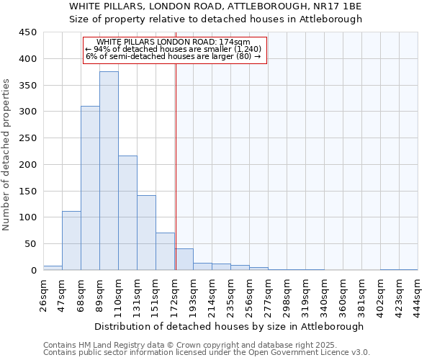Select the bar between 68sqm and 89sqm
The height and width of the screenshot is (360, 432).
coord(90,188)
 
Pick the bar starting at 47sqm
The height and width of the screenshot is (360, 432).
coord(71,240)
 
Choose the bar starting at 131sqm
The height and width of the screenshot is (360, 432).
coord(146,233)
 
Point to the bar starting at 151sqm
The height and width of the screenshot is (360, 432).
coord(165,251)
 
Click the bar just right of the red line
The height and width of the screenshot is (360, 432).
coord(184,259)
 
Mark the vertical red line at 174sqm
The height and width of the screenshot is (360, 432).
coord(176,166)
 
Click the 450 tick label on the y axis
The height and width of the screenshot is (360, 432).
coord(28,32)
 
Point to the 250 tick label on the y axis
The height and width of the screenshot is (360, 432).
coord(28,138)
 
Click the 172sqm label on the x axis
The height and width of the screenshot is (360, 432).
coord(174,293)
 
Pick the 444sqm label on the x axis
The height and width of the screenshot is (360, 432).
coord(418,293)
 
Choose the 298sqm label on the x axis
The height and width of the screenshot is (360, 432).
coord(287,293)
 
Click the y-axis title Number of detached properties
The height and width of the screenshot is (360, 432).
coord(7,155)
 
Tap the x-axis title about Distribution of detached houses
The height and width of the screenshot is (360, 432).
coord(230,326)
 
